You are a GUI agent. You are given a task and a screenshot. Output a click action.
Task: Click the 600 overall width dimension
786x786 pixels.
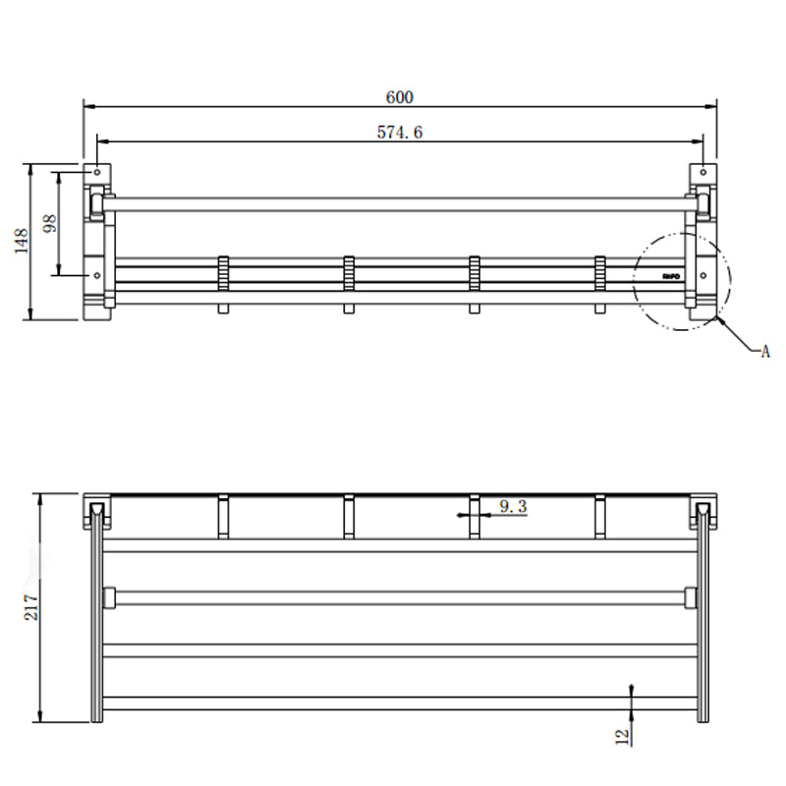click(x=399, y=96)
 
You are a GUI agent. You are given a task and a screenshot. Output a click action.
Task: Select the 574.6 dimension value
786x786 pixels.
click(x=400, y=132)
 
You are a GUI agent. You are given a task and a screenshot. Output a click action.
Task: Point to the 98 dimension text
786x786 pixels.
click(x=50, y=223)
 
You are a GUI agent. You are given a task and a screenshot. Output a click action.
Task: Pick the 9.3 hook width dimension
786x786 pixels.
click(x=513, y=507)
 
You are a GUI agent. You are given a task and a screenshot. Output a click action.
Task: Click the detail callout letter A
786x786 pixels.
click(x=764, y=351)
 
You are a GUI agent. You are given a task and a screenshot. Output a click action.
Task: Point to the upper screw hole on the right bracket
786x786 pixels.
click(x=703, y=174)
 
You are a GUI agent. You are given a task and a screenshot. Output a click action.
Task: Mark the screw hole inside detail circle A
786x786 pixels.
click(x=703, y=276)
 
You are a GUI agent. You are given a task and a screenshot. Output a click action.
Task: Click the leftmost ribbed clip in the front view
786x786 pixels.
click(x=223, y=272)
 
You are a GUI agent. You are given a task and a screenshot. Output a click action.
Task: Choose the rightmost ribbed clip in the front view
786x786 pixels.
click(x=600, y=272)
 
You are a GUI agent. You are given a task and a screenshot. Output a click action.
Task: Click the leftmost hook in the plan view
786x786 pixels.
click(x=223, y=517)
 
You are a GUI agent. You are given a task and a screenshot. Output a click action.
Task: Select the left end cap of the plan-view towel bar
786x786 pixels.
click(x=109, y=596)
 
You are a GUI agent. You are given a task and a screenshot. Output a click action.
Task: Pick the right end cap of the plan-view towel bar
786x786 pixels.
click(x=691, y=596)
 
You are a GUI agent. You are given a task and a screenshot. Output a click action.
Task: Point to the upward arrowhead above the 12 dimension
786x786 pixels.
click(x=632, y=691)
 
